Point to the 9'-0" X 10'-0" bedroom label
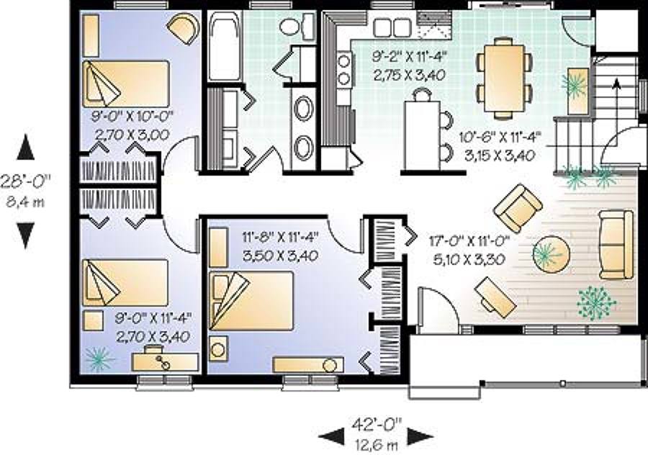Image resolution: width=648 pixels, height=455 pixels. point(132,115)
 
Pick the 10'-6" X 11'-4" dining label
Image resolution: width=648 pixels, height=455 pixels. point(500,136)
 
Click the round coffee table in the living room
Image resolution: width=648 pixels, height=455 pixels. point(552,253)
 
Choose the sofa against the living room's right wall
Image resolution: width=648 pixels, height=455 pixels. point(616,245)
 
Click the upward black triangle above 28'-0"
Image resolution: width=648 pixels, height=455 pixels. point(25,147)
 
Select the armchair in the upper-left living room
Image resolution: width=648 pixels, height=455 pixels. point(518,207)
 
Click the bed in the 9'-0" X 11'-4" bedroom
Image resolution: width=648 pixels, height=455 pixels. point(125,282)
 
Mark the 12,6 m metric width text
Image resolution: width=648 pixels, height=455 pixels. point(377,444)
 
